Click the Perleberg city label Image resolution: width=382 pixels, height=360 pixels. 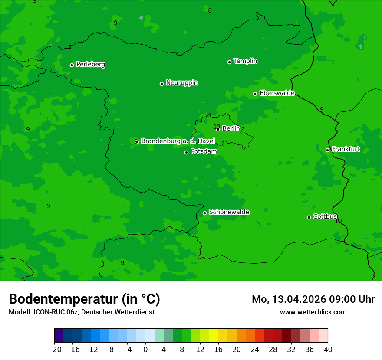(90, 65)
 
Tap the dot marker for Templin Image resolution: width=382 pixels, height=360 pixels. (229, 62)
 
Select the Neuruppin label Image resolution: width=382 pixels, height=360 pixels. (181, 83)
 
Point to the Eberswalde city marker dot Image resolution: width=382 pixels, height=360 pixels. (255, 94)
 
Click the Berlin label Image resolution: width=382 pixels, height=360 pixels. (231, 129)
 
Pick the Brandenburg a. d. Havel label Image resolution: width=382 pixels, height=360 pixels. (178, 141)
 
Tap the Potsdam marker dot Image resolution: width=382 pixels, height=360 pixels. (186, 152)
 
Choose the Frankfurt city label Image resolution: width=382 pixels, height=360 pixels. (346, 149)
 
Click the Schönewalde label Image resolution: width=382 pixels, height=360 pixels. (229, 212)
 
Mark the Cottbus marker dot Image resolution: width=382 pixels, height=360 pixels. (309, 217)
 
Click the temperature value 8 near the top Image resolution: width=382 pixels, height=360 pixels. (210, 10)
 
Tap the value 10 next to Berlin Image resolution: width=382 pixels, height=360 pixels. (217, 127)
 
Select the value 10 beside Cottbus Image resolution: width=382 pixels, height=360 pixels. (338, 221)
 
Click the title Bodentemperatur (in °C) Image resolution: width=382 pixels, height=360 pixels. (84, 299)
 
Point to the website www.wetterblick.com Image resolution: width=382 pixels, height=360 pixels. (313, 312)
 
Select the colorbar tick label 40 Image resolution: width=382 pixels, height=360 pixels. (328, 350)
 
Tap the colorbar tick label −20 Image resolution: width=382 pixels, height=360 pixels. (54, 350)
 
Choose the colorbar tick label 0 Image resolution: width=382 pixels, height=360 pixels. (145, 350)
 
